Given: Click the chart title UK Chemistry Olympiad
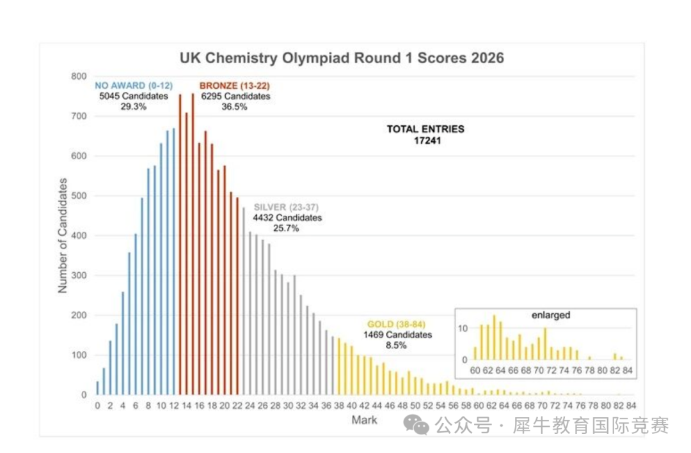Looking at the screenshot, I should click(x=342, y=58).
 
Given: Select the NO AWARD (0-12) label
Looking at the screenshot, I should click(x=133, y=85).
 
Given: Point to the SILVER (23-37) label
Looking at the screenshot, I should click(x=286, y=207).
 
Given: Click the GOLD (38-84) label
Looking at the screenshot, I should click(x=397, y=324).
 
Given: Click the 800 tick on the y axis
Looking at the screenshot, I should click(x=79, y=76).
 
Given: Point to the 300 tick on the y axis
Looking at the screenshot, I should click(x=79, y=275).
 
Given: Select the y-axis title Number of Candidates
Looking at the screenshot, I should click(x=63, y=236).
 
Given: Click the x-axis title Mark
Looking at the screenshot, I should click(x=364, y=420).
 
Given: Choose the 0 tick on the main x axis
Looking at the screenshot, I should click(x=97, y=405).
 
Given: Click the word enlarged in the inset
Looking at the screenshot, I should click(x=550, y=315).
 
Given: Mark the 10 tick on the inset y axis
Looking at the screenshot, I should click(x=466, y=327).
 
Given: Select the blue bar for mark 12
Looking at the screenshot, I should click(x=173, y=261).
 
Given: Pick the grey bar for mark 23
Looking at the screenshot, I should click(x=243, y=301).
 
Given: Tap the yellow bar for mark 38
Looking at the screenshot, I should click(x=338, y=366).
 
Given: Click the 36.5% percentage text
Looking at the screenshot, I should click(x=235, y=107).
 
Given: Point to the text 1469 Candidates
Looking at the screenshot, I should click(x=397, y=335).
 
